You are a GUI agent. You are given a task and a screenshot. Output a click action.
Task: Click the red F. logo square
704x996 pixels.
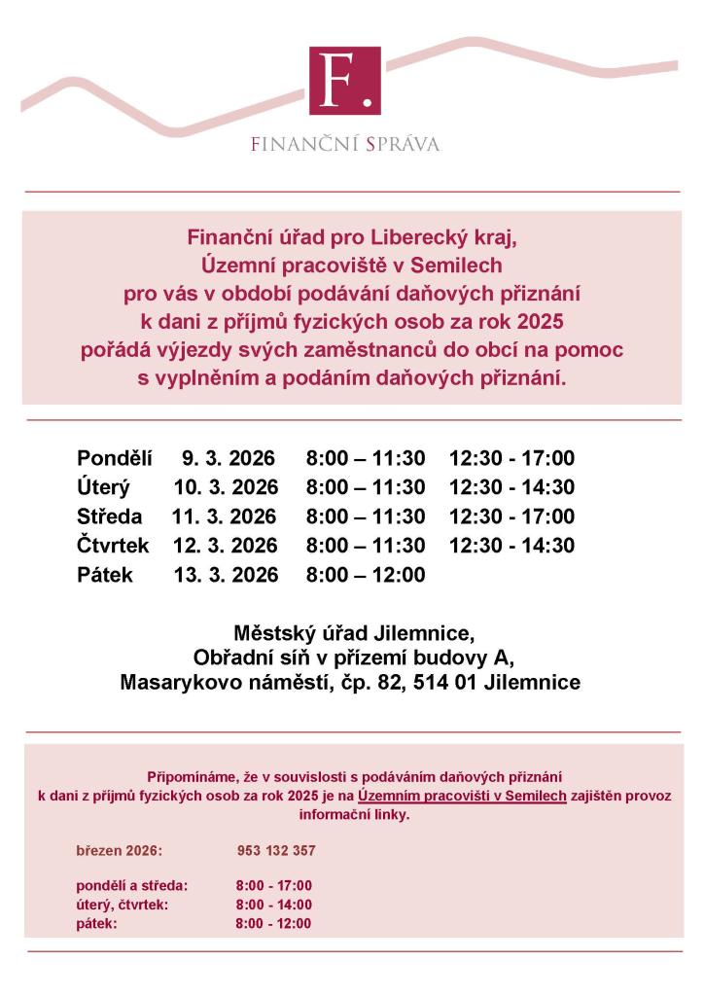(x=344, y=81)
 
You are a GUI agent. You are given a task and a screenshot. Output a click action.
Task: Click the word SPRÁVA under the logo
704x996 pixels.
(x=403, y=145)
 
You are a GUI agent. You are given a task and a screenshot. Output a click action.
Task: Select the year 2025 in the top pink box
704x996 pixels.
(x=540, y=322)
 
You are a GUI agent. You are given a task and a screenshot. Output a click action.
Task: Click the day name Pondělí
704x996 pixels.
(x=115, y=458)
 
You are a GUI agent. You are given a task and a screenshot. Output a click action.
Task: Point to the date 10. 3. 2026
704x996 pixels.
(x=226, y=487)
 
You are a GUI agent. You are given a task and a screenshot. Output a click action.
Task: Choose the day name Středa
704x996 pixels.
(x=109, y=516)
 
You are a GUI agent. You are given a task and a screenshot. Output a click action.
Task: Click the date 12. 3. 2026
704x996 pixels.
(x=226, y=546)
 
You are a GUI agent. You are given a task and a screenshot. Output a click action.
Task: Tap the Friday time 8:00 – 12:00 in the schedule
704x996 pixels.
(x=365, y=575)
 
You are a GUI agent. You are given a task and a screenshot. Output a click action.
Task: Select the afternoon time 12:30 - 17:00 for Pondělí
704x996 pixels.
(x=511, y=458)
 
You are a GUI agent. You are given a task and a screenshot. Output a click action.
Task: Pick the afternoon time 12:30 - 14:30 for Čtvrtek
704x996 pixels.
(x=511, y=546)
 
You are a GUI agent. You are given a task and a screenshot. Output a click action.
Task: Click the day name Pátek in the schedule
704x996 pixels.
(x=105, y=575)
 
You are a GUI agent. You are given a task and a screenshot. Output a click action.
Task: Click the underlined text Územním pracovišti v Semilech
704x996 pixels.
(x=462, y=796)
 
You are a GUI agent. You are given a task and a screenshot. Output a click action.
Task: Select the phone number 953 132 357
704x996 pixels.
(x=276, y=851)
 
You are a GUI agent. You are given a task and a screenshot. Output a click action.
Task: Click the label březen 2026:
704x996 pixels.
(x=119, y=851)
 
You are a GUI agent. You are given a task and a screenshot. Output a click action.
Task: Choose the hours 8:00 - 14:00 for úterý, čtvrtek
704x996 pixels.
(x=273, y=905)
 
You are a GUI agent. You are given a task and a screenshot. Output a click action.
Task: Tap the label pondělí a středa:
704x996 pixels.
(x=132, y=886)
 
